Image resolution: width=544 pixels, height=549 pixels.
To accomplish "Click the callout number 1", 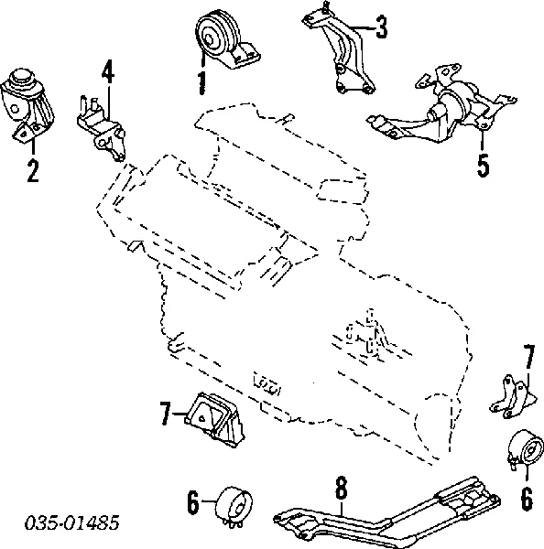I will point(201,83).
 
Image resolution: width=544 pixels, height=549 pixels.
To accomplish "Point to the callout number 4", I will point(107,70).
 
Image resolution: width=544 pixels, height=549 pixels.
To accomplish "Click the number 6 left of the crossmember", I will point(193,502).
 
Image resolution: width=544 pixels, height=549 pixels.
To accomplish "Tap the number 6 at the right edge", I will point(527,500).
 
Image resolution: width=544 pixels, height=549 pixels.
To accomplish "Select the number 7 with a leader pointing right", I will point(166,416).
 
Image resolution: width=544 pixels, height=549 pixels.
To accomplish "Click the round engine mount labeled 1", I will point(222,41).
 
